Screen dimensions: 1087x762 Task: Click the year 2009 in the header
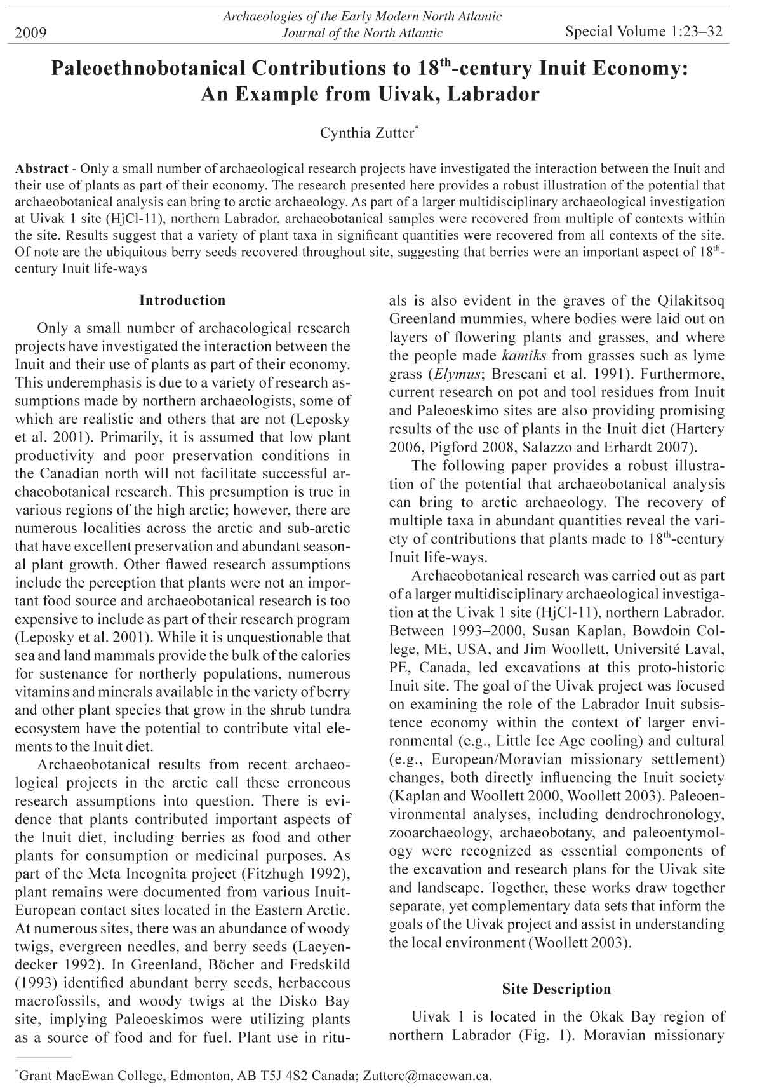pyautogui.click(x=31, y=32)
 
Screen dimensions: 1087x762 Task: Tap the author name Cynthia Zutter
pyautogui.click(x=368, y=133)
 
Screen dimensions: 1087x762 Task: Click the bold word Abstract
pyautogui.click(x=41, y=169)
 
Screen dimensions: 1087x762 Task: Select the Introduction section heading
pyautogui.click(x=182, y=300)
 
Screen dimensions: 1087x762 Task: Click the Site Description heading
pyautogui.click(x=556, y=989)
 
